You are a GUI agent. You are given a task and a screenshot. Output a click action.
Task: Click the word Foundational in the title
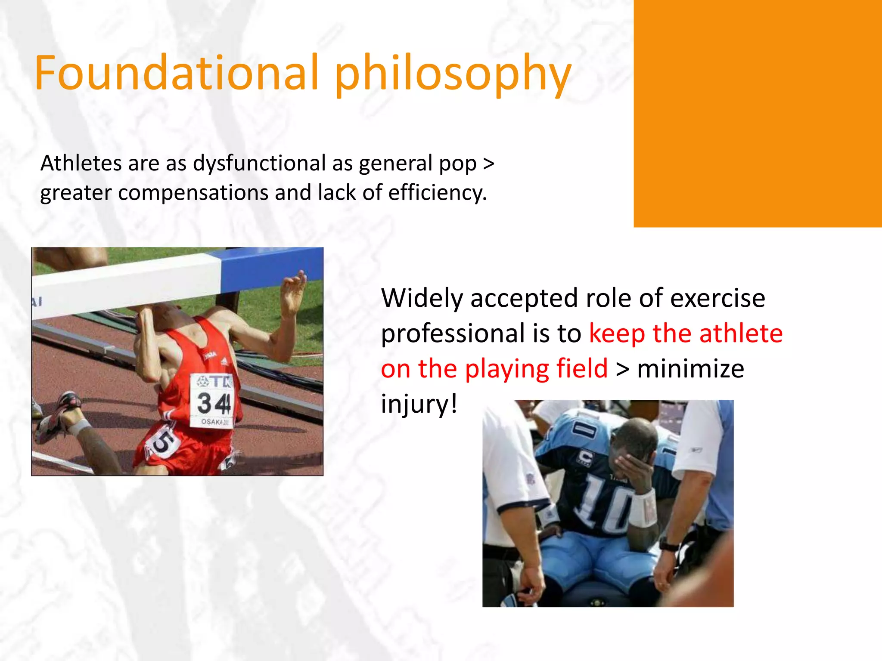pos(177,73)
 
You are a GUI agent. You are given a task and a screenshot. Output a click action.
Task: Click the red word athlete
pos(741,334)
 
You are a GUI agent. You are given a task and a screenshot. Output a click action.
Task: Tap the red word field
pos(581,369)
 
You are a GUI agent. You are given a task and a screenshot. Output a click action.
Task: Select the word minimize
pos(690,369)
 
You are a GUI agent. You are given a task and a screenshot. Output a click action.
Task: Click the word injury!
pos(419,405)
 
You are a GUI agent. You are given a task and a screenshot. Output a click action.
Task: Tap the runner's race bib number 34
pos(213,403)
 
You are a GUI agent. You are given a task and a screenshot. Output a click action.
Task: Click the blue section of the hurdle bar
pos(271,267)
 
